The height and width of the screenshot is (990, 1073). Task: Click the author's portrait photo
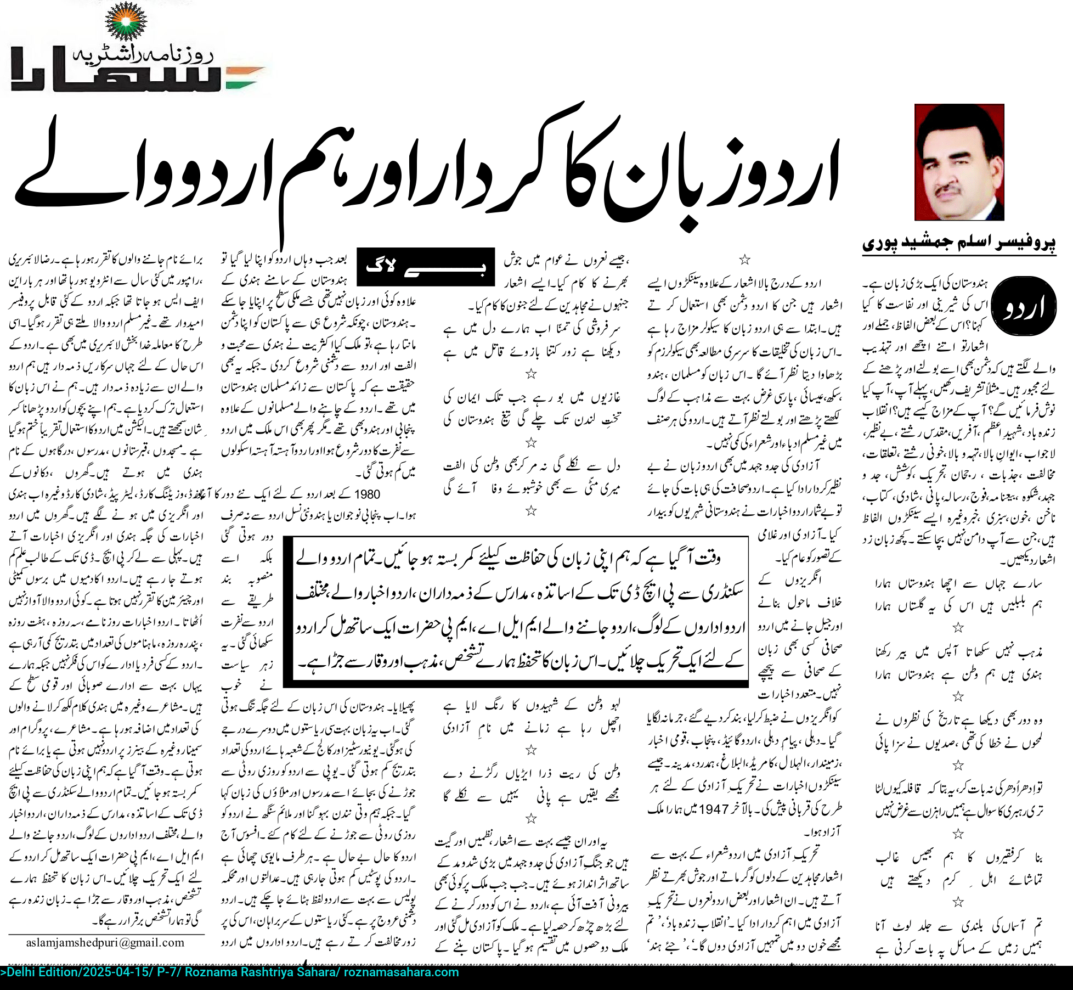959,162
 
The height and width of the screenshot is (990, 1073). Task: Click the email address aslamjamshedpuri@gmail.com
105,943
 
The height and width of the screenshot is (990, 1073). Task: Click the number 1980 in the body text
367,494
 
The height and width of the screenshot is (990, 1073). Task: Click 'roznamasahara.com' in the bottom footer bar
401,972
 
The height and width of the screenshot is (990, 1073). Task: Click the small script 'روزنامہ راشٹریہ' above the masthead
143,54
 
